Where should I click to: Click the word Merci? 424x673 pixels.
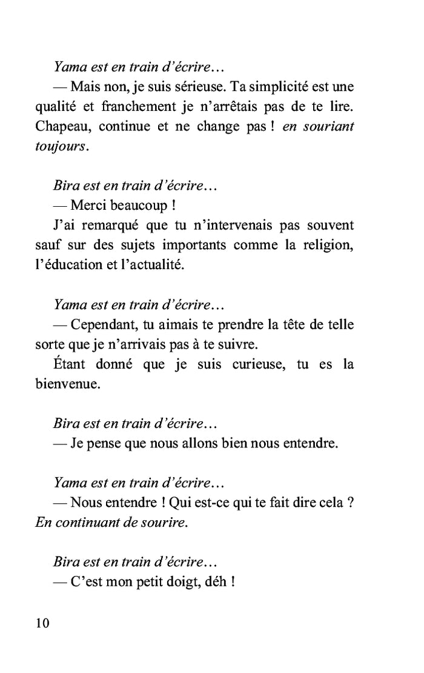(x=90, y=206)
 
